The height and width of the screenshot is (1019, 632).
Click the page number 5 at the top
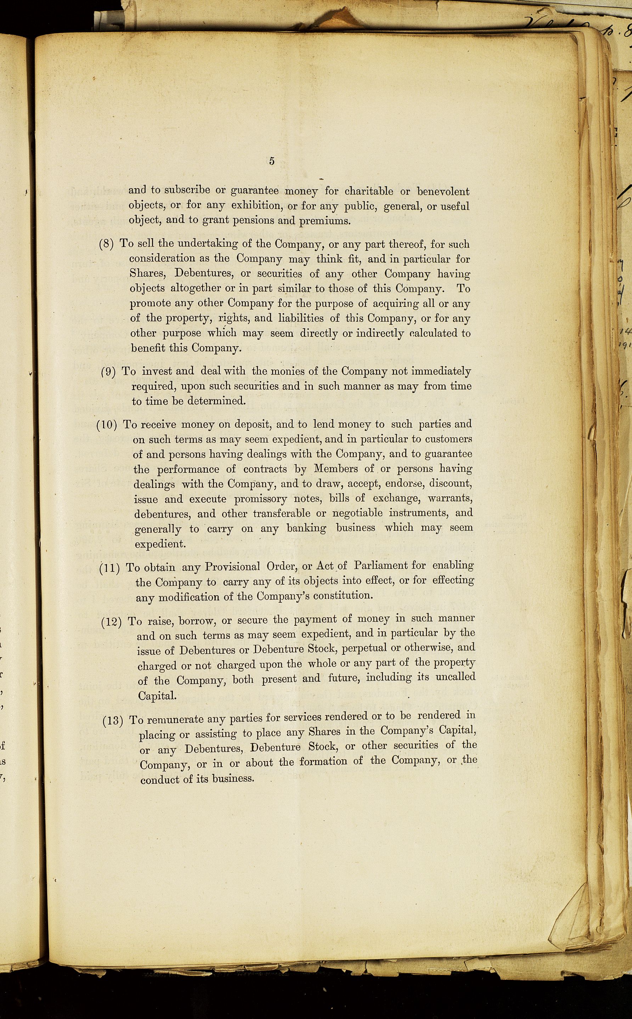[272, 161]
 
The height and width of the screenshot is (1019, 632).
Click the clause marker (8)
[106, 244]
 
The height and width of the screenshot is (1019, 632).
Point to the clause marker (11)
[110, 568]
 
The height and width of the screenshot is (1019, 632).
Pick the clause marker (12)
[112, 622]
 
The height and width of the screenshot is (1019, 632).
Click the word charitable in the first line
[369, 191]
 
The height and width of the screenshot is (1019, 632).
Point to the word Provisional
[232, 567]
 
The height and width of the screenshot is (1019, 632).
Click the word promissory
[260, 499]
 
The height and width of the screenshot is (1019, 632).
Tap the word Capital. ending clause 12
[157, 696]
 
